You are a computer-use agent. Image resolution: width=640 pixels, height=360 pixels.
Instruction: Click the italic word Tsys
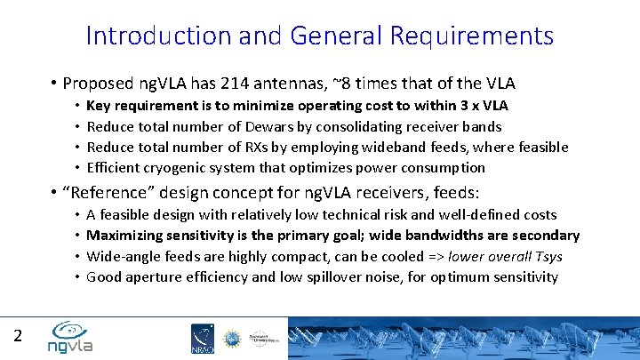pyautogui.click(x=547, y=257)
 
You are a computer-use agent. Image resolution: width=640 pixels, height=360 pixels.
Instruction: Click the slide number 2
pyautogui.click(x=18, y=335)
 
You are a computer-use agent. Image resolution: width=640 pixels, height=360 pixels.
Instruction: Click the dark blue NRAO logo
pyautogui.click(x=202, y=338)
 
